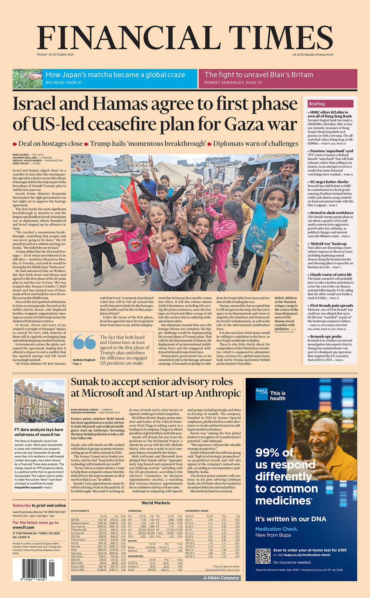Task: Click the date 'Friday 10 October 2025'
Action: pos(55,55)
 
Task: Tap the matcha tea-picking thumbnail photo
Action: pos(27,79)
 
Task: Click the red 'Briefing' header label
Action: pos(317,104)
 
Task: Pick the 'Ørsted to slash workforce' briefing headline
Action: pos(331,213)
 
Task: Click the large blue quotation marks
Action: pos(84,342)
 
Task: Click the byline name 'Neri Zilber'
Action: pos(20,155)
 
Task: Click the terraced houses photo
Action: pos(39,401)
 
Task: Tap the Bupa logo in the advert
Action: pos(262,394)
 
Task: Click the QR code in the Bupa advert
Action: pos(263,556)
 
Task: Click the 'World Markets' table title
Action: pos(156,503)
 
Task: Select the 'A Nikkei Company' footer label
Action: pos(221,578)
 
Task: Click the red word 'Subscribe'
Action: pos(22,505)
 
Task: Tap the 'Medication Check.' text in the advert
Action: pos(276,529)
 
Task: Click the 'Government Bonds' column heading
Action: pos(197,511)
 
